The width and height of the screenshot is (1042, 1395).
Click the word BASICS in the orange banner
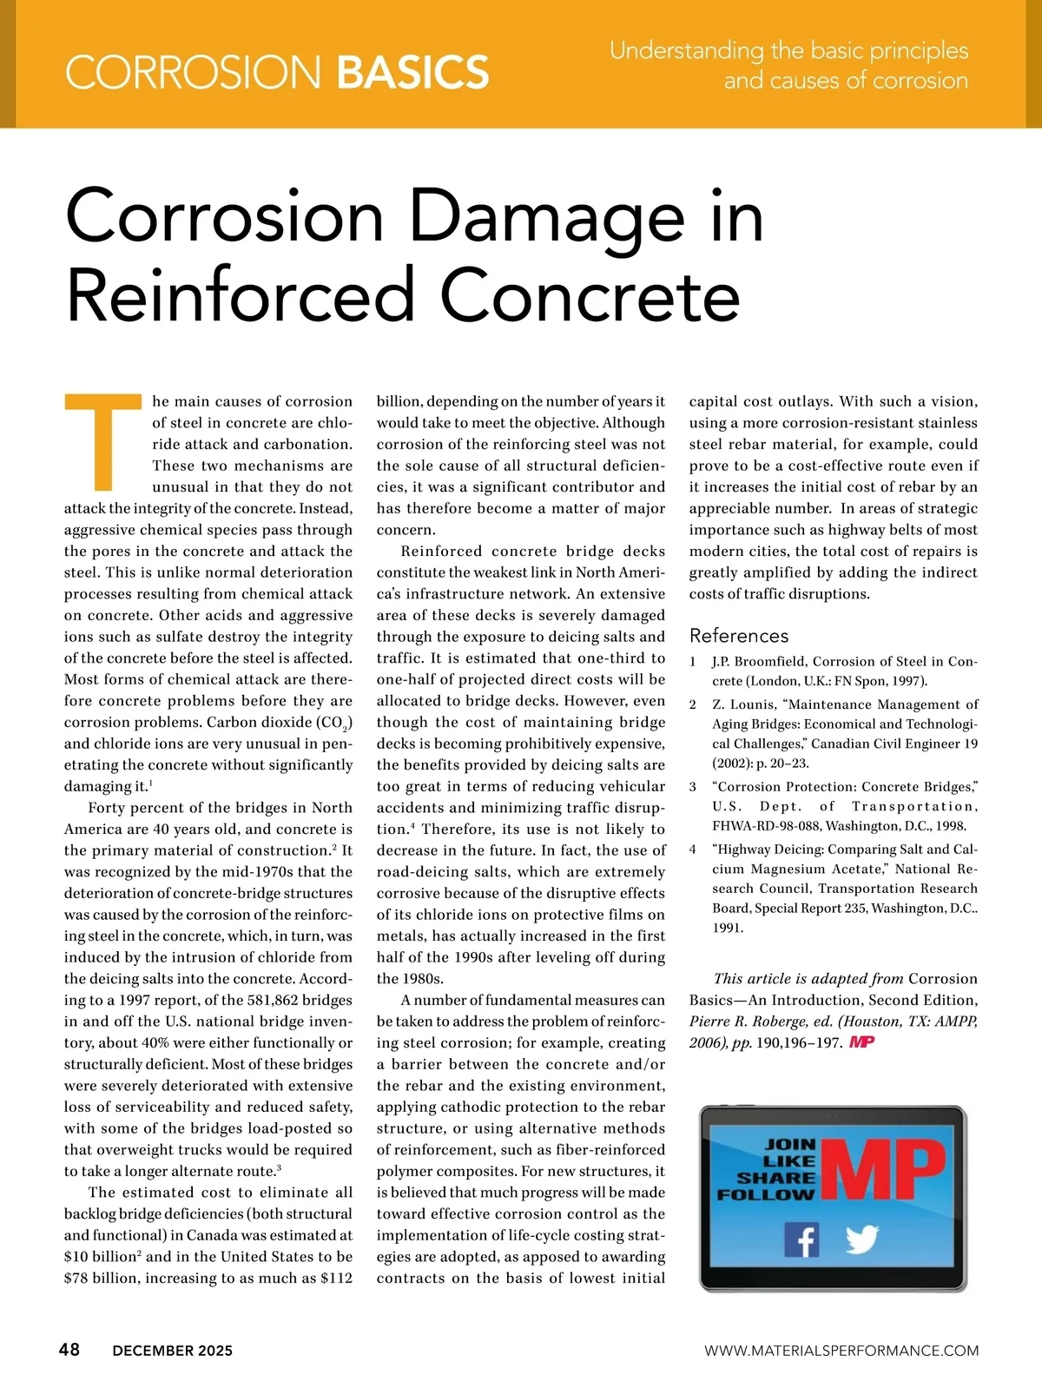click(x=412, y=71)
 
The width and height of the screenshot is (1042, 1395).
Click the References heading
click(x=739, y=636)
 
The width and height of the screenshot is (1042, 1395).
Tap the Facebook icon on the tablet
click(x=801, y=1240)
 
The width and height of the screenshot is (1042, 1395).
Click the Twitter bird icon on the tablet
click(x=861, y=1240)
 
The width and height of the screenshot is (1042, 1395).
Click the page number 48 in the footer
click(x=69, y=1350)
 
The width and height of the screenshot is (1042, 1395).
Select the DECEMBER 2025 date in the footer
click(x=173, y=1351)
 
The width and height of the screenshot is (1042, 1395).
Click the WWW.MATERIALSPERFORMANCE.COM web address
click(x=841, y=1351)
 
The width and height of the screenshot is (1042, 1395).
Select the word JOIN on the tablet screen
click(x=790, y=1144)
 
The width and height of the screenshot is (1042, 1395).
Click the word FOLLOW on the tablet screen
click(x=767, y=1194)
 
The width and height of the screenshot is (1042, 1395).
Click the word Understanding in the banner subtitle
click(x=687, y=50)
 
